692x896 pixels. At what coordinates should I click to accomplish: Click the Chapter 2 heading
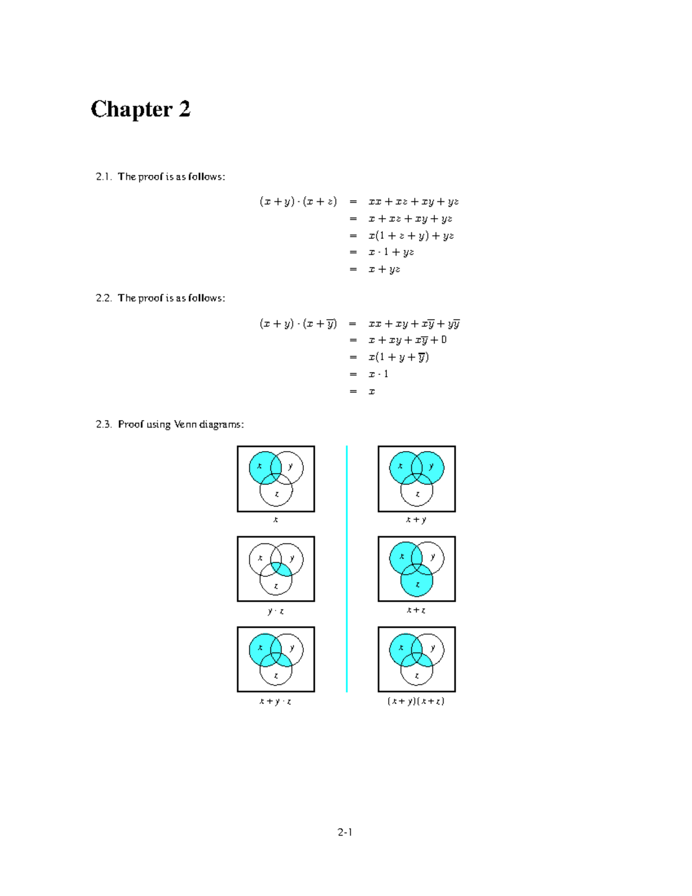[140, 109]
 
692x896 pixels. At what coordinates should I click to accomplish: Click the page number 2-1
[345, 831]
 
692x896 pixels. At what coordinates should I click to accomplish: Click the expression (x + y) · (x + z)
[298, 201]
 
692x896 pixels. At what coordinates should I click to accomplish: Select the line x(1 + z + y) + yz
[411, 235]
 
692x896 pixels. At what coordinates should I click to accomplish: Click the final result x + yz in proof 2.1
[384, 269]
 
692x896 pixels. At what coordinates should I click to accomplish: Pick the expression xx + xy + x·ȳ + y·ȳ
[413, 323]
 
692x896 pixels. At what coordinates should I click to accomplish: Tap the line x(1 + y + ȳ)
[398, 357]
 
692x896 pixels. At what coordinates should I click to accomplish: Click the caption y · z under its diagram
[276, 610]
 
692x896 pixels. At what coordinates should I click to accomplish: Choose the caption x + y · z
[275, 701]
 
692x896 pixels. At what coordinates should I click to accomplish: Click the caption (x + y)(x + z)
[416, 701]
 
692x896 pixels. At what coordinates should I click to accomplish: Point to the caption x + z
[416, 610]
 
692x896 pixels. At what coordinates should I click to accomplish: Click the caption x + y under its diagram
[416, 519]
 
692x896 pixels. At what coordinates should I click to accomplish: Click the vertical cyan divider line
[347, 568]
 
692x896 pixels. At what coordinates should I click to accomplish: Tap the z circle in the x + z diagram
[417, 585]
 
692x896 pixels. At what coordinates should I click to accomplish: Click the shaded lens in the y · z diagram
[282, 569]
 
